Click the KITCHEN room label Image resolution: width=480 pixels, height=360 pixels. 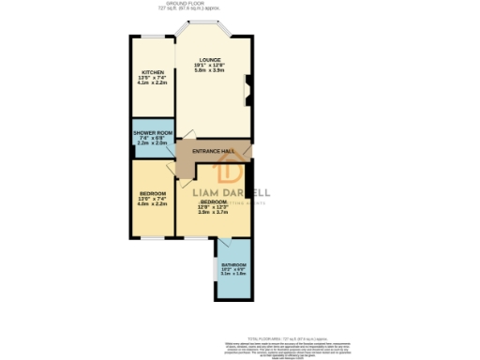point(152,72)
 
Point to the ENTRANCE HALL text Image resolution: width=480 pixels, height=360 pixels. point(212,151)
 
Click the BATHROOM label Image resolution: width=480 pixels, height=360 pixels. point(233,264)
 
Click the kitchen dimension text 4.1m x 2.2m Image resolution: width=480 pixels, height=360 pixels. point(152,83)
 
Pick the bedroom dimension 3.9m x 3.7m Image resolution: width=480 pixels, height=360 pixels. point(213,213)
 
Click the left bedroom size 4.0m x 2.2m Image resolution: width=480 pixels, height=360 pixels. point(152,203)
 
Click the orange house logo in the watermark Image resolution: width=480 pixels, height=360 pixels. point(231,172)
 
